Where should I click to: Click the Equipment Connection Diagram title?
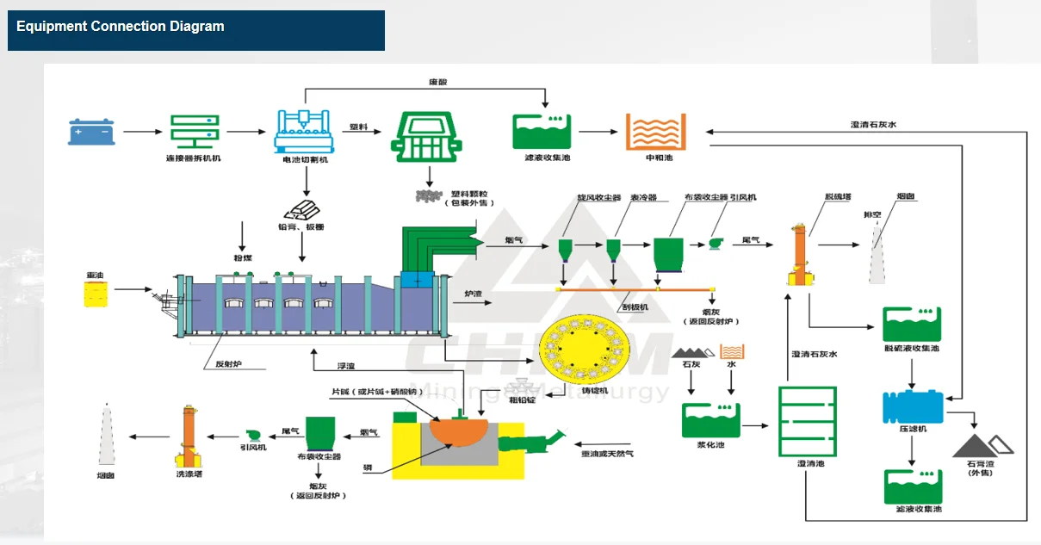pyautogui.click(x=120, y=27)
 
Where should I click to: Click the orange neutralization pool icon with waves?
pyautogui.click(x=654, y=132)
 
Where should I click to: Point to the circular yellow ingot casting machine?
pyautogui.click(x=581, y=349)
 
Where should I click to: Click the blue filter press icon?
pyautogui.click(x=913, y=406)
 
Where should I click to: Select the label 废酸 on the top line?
pyautogui.click(x=438, y=82)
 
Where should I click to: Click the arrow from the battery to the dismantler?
pyautogui.click(x=142, y=132)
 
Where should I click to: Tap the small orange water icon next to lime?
pyautogui.click(x=733, y=351)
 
